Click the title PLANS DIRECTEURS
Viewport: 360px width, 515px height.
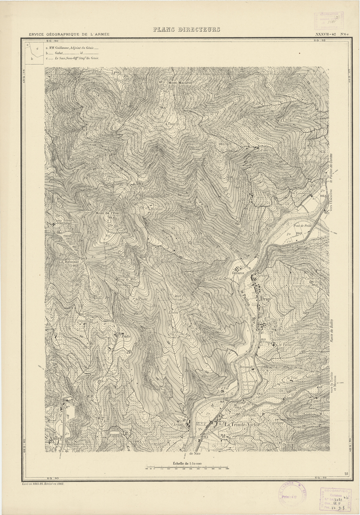[186, 30]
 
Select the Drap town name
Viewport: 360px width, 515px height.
[266, 297]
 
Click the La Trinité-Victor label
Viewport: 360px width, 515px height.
[242, 424]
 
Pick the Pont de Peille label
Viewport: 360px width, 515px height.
[303, 225]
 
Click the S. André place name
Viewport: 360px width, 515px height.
[54, 439]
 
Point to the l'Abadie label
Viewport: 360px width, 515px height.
[124, 337]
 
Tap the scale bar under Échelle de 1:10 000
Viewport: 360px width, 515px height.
[187, 468]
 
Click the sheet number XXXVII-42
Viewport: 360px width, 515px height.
[326, 34]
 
